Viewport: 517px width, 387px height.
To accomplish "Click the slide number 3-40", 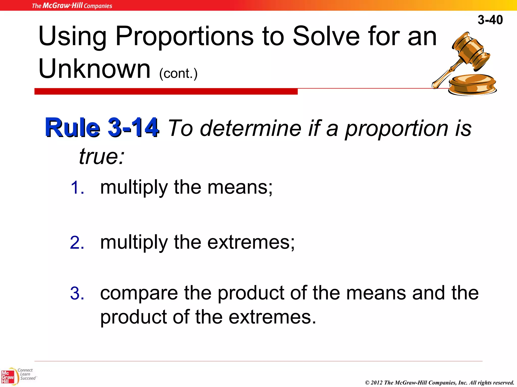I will (490, 20).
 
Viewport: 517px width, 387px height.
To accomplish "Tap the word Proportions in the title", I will (184, 37).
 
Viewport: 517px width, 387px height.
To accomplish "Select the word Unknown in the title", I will (95, 69).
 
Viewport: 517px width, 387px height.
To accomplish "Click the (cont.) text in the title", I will (178, 74).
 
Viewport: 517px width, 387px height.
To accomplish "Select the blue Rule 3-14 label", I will (102, 127).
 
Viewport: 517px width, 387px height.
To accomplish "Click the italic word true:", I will (102, 156).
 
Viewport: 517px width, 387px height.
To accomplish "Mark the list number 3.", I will (77, 294).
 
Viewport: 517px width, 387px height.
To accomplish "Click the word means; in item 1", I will (240, 187).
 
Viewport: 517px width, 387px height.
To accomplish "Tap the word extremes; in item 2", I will (251, 242).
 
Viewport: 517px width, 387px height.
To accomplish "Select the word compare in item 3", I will (139, 294).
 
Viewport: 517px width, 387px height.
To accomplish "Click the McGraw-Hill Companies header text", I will (72, 6).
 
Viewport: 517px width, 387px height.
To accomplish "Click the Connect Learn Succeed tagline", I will (27, 374).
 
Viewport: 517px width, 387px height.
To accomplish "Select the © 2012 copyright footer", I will (440, 382).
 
